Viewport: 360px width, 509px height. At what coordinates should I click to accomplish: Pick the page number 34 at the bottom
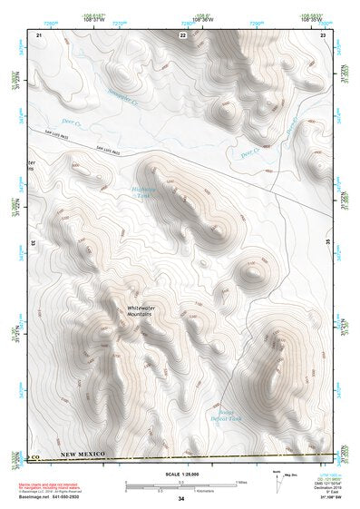coord(180,498)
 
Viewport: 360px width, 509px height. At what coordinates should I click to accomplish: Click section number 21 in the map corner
coord(39,34)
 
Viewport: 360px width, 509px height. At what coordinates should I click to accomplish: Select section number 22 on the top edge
coord(181,34)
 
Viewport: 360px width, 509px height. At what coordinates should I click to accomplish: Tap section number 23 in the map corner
coord(323,34)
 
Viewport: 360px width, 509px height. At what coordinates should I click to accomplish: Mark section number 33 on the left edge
coord(34,243)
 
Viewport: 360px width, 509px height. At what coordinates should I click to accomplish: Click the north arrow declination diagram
coord(277,481)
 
